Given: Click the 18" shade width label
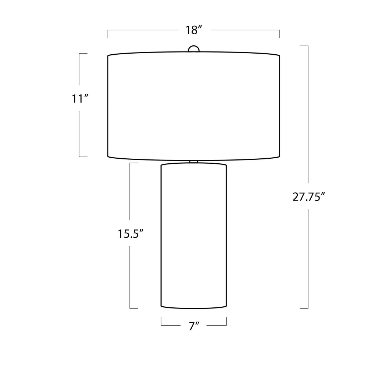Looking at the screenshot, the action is point(193,30).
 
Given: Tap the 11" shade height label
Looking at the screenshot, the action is point(80,99).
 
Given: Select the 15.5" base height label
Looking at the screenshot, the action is point(130,234).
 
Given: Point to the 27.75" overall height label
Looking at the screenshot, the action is point(308,197).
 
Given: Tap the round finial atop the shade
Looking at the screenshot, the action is point(194,49).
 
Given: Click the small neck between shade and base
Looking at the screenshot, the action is point(194,162).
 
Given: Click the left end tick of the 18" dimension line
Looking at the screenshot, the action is point(108,34).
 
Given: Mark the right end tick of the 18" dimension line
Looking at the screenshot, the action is point(280,34).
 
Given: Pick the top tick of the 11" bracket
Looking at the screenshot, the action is point(83,54).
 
